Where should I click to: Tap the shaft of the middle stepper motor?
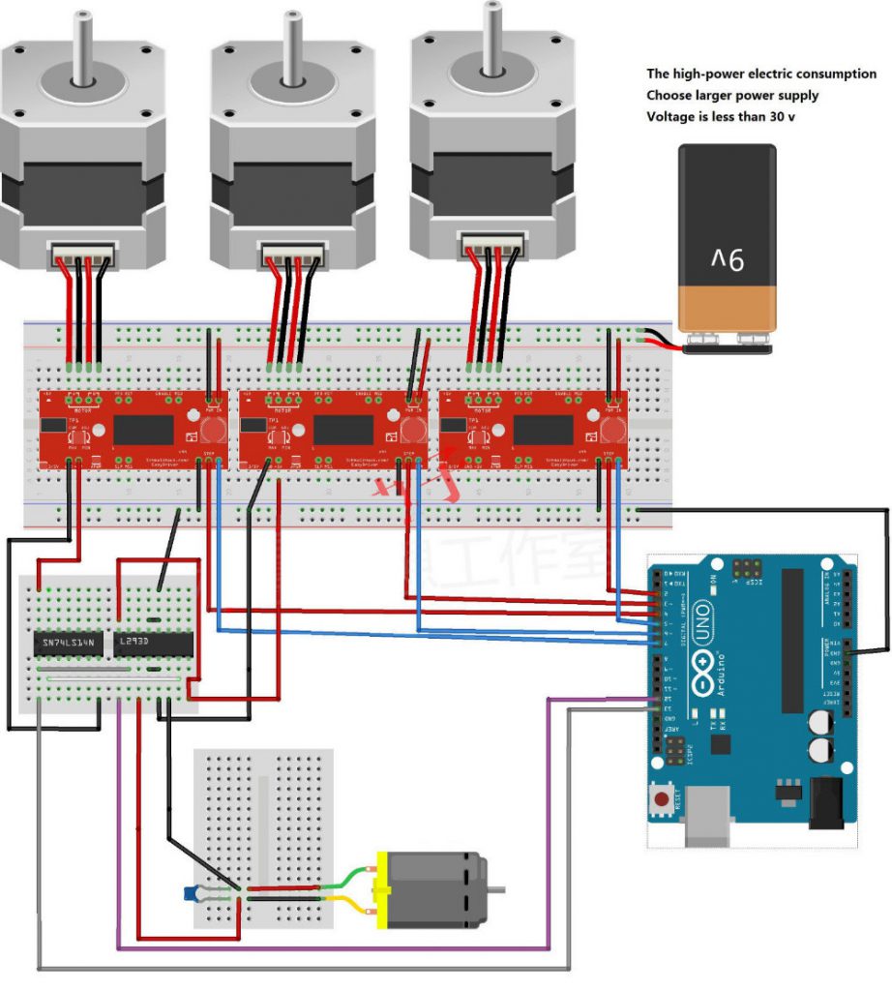tap(289, 39)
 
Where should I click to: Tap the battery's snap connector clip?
tap(726, 341)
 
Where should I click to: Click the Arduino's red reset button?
tap(661, 800)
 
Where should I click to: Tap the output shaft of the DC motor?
tap(495, 889)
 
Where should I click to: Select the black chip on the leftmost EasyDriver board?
tap(143, 427)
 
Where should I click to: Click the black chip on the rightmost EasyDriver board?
tap(543, 427)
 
